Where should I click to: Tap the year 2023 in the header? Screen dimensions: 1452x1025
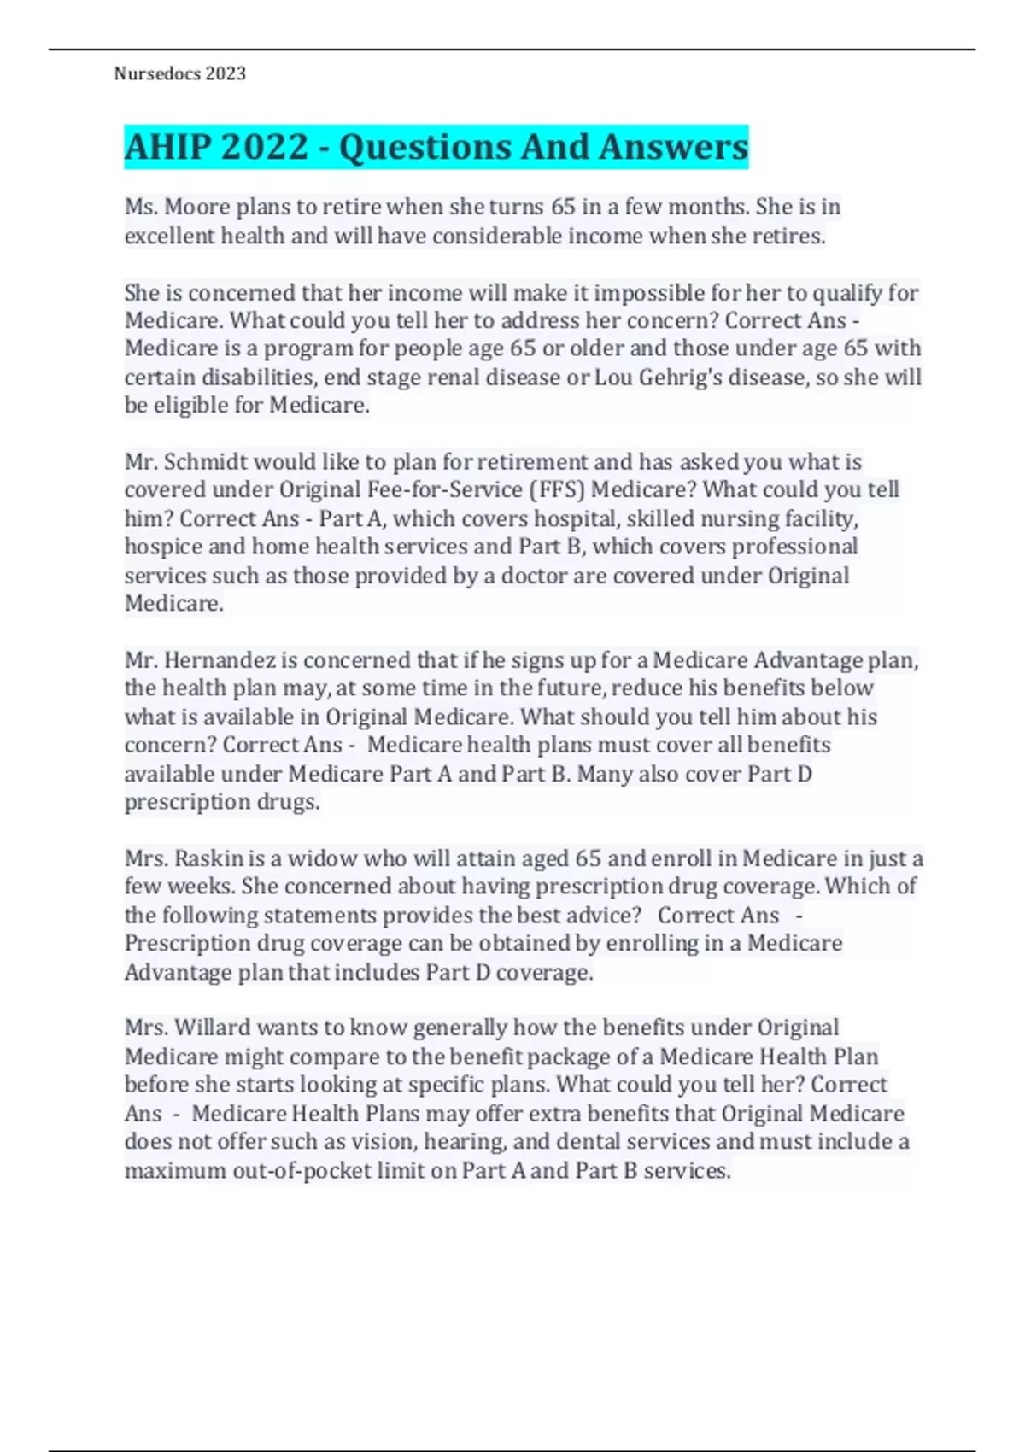click(225, 74)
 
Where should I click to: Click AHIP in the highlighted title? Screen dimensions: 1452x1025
click(167, 147)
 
